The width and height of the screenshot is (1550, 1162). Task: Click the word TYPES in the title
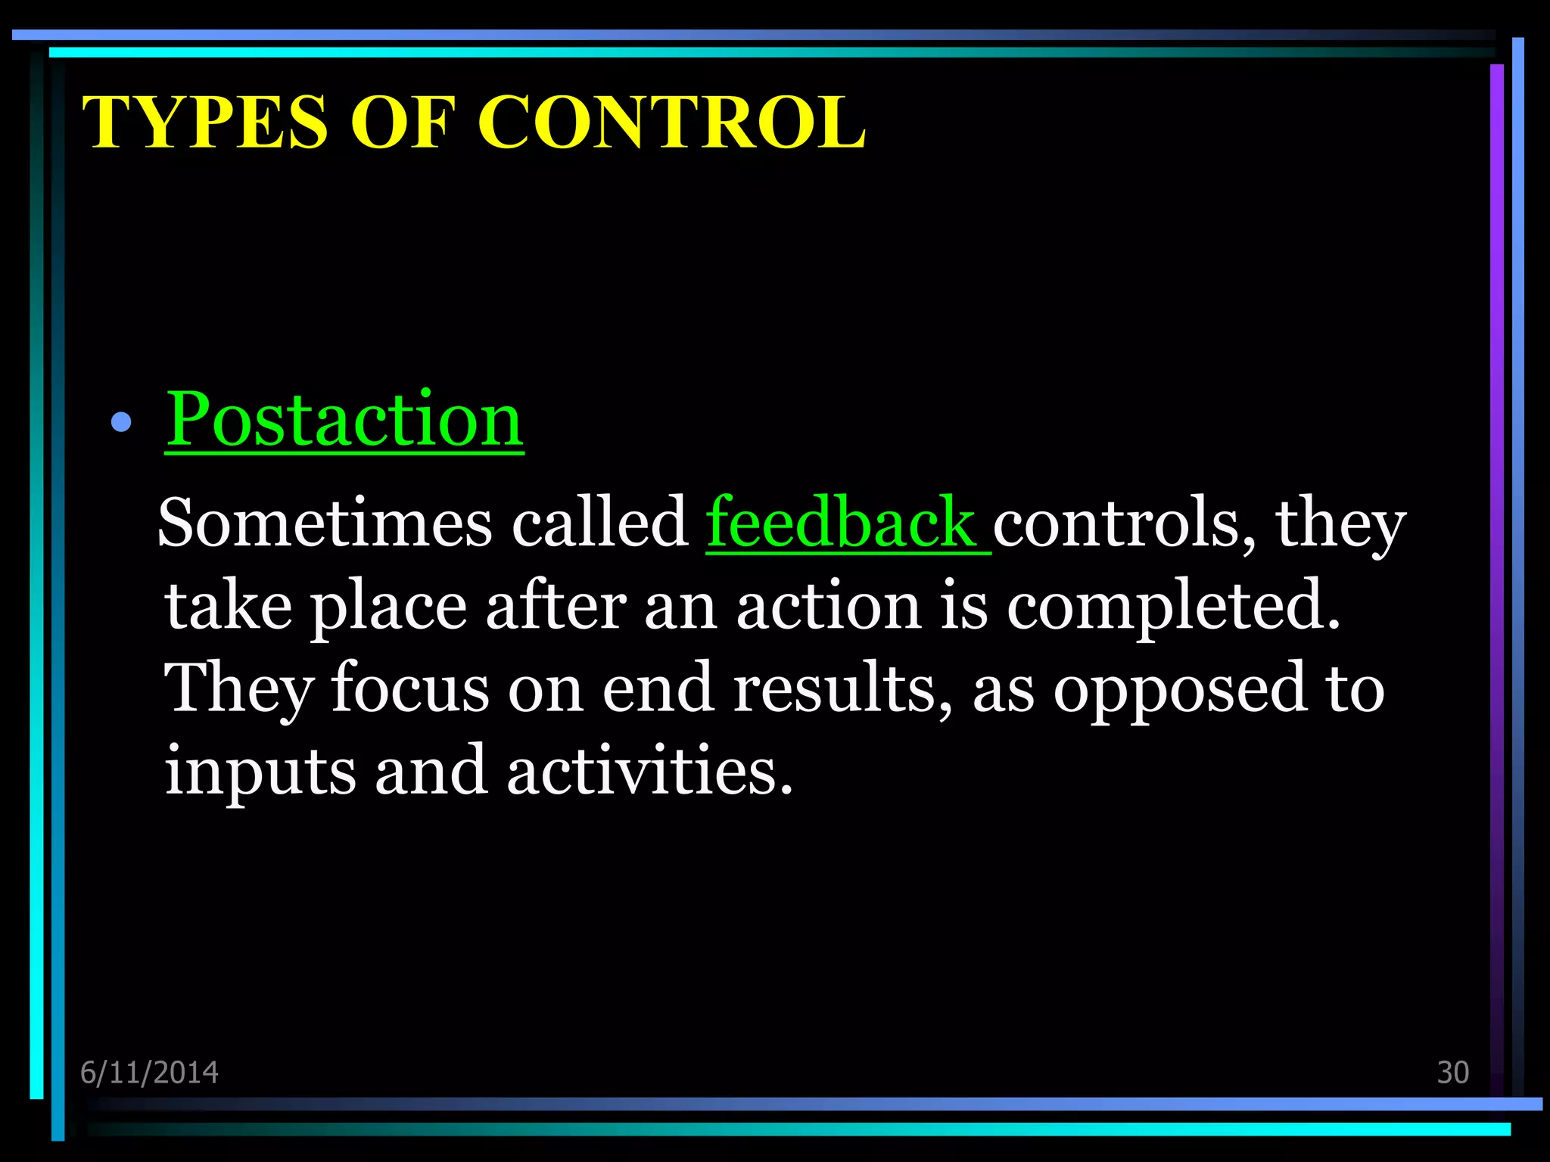point(205,123)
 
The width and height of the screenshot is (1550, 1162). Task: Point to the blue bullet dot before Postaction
point(121,422)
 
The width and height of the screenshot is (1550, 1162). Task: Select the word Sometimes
point(325,523)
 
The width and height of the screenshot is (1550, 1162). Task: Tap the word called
point(599,523)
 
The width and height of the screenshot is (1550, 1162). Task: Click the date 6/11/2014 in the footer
point(149,1073)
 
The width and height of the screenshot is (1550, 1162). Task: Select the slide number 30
point(1452,1073)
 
